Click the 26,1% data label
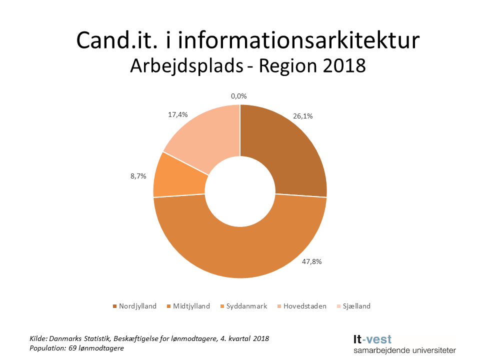(x=303, y=116)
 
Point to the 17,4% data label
(x=177, y=114)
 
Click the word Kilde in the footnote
(x=38, y=338)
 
